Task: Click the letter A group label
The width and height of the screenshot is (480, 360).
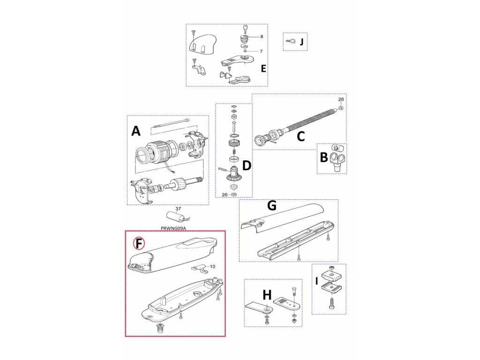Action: pos(135,131)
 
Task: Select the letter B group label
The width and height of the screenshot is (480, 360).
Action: pos(323,157)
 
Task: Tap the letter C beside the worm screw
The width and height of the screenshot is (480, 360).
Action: pos(301,136)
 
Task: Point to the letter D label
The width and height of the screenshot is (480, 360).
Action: pos(247,165)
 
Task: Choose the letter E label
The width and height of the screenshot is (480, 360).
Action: pos(263,68)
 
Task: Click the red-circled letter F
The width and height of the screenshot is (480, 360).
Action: pos(139,243)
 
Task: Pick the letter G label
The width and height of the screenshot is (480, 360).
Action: pos(271,206)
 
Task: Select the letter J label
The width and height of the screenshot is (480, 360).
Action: pos(301,43)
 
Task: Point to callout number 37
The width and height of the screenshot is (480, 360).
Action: pos(178,209)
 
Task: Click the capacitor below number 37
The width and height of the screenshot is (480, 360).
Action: pos(177,217)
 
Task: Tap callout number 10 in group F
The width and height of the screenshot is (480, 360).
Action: pos(212,266)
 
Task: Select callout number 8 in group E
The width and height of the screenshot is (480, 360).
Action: pos(262,36)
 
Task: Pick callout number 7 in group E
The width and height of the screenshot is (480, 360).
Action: pos(261,51)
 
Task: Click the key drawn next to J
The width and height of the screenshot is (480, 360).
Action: pos(290,41)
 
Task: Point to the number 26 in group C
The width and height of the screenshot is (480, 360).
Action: pos(341,99)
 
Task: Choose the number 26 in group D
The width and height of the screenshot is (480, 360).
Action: pos(225,194)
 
